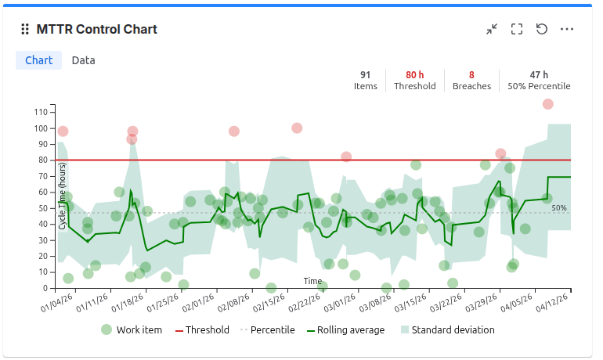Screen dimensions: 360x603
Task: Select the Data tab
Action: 84,60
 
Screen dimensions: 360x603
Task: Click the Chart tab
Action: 39,60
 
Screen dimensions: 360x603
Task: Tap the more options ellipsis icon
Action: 567,29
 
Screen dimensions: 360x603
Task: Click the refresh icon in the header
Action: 542,29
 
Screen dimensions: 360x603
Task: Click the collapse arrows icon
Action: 492,29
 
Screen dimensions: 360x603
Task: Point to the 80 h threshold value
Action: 415,75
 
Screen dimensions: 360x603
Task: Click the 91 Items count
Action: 366,75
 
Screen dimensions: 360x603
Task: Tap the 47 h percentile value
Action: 539,75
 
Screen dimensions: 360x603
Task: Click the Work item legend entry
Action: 132,329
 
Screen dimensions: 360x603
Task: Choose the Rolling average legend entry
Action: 350,329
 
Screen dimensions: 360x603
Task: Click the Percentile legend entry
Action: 267,329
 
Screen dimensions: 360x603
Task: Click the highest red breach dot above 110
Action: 547,104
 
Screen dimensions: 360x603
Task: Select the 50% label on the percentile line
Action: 558,208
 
